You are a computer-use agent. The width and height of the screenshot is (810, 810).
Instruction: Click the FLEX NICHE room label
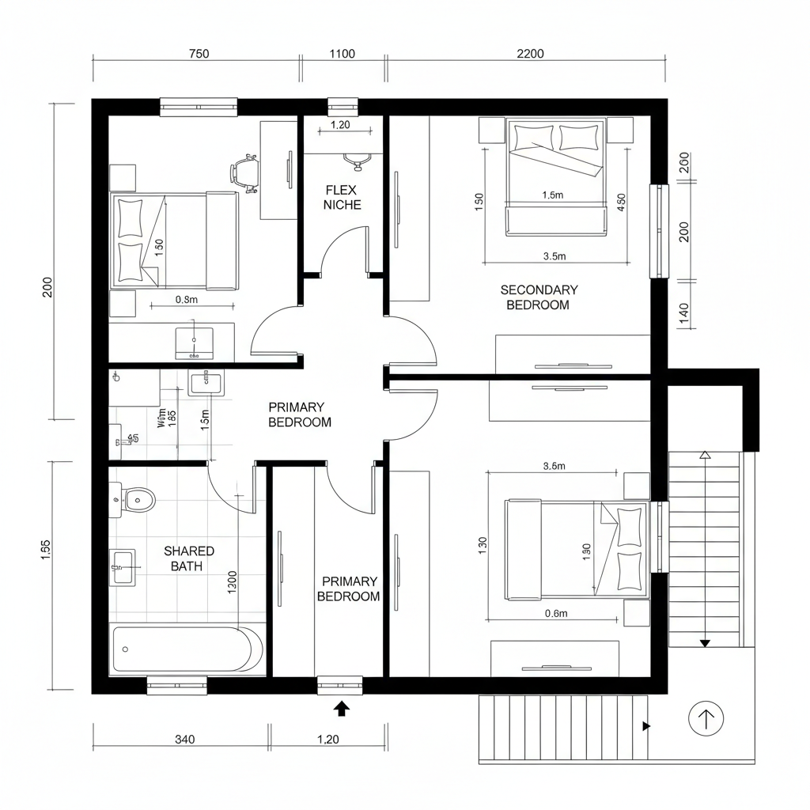click(x=342, y=197)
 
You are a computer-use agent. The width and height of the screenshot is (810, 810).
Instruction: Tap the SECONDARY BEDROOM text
click(x=539, y=297)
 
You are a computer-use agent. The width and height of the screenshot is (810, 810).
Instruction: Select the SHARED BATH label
click(x=189, y=558)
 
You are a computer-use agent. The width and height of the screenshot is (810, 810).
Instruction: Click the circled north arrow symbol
click(x=706, y=719)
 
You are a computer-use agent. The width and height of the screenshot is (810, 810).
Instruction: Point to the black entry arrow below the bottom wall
click(x=342, y=708)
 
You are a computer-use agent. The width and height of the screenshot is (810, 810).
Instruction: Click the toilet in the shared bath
click(x=136, y=499)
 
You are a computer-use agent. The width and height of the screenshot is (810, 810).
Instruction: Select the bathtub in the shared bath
click(x=187, y=649)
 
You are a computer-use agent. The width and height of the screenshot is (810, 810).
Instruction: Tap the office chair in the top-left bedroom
click(x=245, y=172)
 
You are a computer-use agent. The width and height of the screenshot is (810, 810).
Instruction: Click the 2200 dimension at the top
click(x=530, y=54)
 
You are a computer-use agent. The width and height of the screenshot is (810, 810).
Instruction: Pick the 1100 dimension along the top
click(x=342, y=54)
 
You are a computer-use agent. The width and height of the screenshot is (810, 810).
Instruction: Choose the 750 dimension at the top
click(x=199, y=54)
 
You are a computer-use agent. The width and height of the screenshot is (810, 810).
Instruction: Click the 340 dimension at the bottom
click(x=184, y=740)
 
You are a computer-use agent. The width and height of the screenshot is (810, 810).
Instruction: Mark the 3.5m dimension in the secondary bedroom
click(x=555, y=255)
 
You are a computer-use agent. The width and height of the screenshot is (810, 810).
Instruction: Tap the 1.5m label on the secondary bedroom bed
click(x=553, y=195)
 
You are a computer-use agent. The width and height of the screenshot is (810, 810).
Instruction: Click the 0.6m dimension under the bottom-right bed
click(x=556, y=613)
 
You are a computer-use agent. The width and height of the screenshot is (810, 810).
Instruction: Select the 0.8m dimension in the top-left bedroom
click(x=186, y=299)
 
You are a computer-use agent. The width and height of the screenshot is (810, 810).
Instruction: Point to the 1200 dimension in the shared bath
click(x=232, y=581)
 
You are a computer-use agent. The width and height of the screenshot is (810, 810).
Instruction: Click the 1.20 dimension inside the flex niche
click(x=339, y=124)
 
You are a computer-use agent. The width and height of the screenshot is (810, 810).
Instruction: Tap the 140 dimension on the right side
click(x=684, y=314)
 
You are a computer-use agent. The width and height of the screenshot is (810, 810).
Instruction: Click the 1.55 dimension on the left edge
click(x=45, y=549)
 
